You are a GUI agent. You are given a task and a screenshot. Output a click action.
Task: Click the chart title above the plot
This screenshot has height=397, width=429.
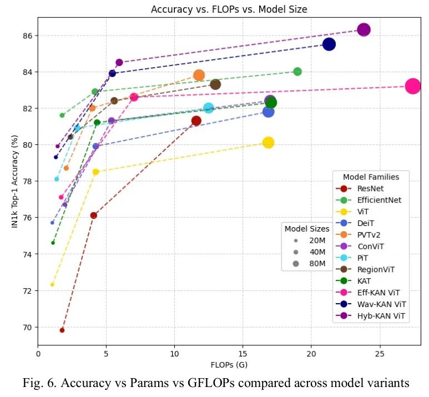click(x=229, y=9)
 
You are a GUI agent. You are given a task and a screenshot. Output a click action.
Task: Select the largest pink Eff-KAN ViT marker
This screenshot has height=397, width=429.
click(x=412, y=86)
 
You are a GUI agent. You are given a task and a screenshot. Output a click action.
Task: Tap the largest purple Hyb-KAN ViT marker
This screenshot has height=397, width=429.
click(x=364, y=30)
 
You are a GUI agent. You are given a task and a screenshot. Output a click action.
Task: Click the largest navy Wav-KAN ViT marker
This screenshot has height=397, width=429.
click(x=329, y=44)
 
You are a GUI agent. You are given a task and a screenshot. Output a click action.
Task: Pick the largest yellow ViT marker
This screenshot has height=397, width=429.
click(x=268, y=143)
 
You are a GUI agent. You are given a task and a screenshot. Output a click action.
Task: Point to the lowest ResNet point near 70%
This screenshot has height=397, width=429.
click(x=62, y=330)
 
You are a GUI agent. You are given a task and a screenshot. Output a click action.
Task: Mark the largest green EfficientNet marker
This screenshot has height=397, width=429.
click(x=297, y=72)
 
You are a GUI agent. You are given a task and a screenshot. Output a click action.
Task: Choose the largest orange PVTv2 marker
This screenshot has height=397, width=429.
click(x=199, y=75)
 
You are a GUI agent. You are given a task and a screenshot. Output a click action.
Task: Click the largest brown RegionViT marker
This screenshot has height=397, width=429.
click(x=215, y=84)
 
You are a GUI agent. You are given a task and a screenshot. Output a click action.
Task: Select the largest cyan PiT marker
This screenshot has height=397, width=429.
click(x=209, y=108)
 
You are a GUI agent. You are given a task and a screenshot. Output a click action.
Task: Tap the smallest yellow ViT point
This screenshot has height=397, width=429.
click(x=52, y=285)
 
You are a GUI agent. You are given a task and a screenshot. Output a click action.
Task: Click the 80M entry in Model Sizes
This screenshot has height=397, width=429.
click(x=317, y=264)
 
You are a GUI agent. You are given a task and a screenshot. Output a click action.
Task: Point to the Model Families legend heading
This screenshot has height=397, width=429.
click(x=371, y=177)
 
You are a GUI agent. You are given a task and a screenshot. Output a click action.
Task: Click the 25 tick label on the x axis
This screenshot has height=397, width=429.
click(x=380, y=354)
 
